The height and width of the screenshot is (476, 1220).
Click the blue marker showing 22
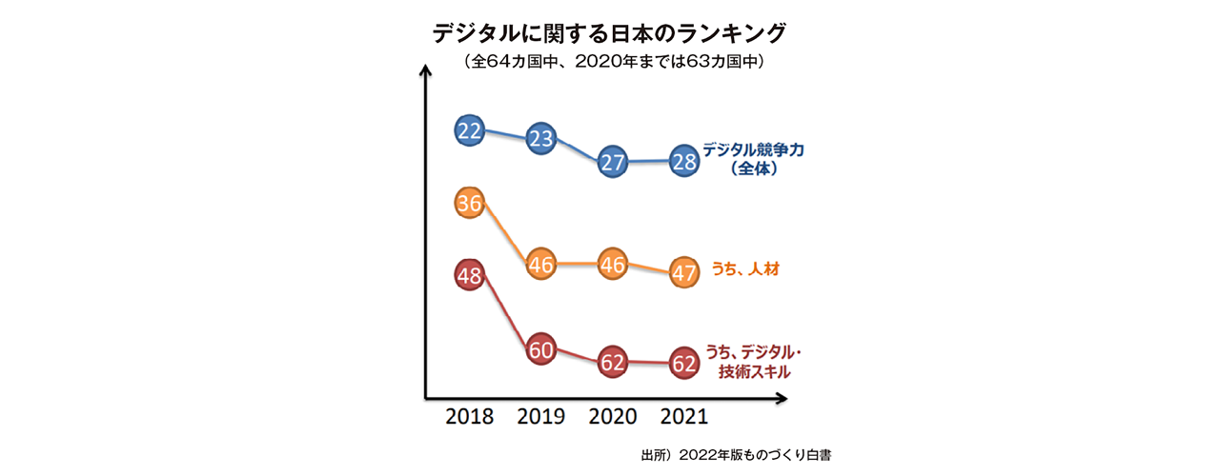[469, 130]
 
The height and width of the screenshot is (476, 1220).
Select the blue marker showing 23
[541, 139]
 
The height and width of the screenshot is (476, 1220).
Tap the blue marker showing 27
[613, 162]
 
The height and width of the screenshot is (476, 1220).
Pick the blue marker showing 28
[683, 161]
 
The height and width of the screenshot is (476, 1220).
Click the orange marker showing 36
[469, 203]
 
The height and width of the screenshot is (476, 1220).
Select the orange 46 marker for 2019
[541, 265]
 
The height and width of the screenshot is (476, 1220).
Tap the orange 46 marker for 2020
[613, 265]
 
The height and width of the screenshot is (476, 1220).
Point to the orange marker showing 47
[683, 271]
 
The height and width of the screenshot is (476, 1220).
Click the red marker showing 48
[469, 276]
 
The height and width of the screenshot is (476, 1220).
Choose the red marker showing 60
[541, 349]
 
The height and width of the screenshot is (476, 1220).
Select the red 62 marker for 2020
[613, 362]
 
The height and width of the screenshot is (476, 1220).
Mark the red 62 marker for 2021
[683, 363]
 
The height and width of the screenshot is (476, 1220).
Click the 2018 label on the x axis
[469, 417]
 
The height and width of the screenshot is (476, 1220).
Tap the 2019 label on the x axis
[541, 417]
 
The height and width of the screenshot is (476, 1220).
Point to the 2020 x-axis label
[613, 417]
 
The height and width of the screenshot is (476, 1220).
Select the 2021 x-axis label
[683, 417]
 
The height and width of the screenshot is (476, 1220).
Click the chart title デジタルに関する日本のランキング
[610, 33]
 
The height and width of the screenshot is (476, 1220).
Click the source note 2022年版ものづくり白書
[736, 455]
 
